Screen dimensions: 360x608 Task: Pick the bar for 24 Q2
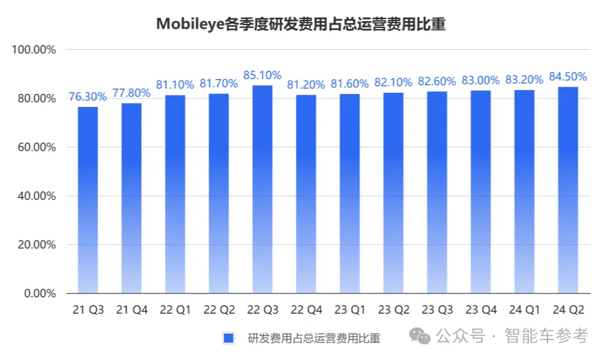pyautogui.click(x=567, y=190)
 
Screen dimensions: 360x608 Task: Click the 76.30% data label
pyautogui.click(x=87, y=96)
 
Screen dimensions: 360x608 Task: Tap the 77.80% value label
pyautogui.click(x=131, y=93)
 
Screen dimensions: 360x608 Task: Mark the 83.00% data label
pyautogui.click(x=480, y=80)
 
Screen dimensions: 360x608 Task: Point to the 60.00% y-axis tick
pyautogui.click(x=35, y=147)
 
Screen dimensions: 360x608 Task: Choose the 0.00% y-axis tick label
pyautogui.click(x=38, y=293)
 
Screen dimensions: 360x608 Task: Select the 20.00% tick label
pyautogui.click(x=35, y=245)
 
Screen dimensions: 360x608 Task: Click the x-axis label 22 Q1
pyautogui.click(x=174, y=310)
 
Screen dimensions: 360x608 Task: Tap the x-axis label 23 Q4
pyautogui.click(x=480, y=310)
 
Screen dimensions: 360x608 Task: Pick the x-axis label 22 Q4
pyautogui.click(x=305, y=310)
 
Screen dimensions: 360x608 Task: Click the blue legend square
pyautogui.click(x=229, y=337)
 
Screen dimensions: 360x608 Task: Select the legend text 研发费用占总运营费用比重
pyautogui.click(x=314, y=337)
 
